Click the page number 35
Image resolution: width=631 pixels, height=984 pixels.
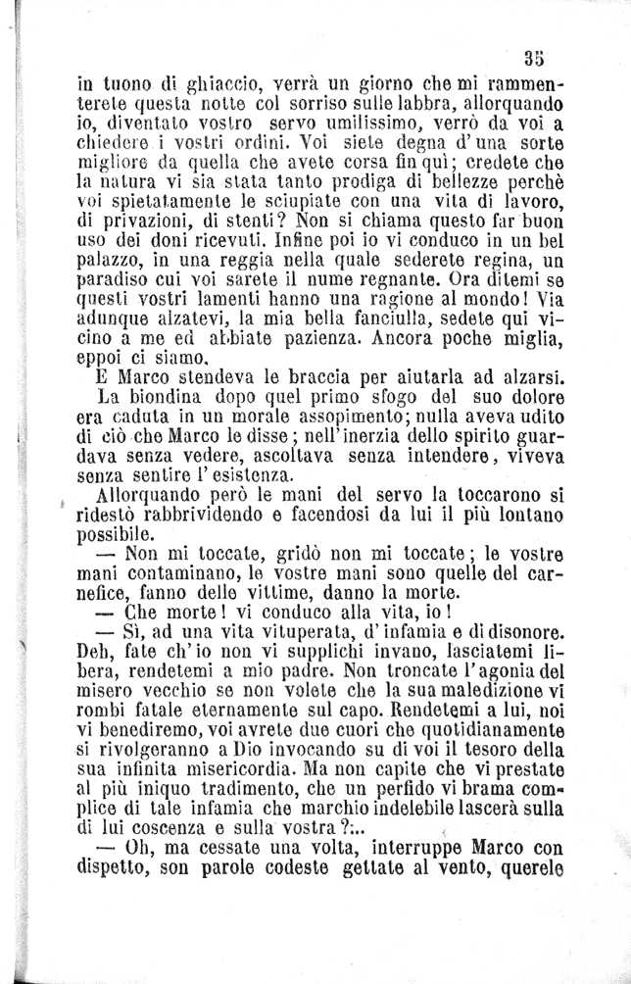[x=534, y=56]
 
